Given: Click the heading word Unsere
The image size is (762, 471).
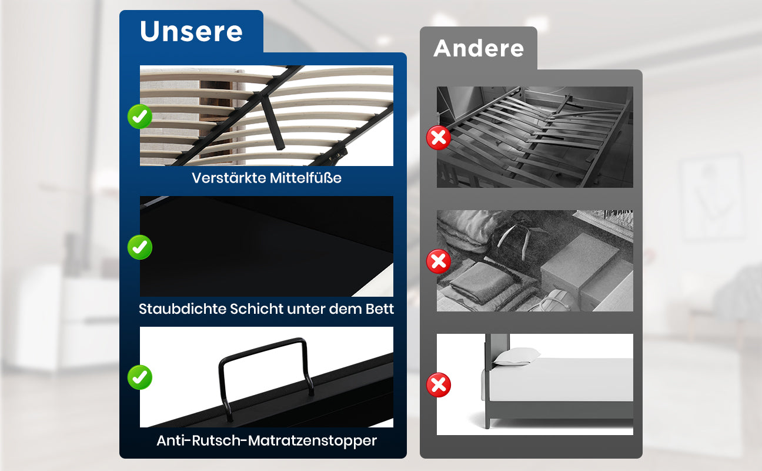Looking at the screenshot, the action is (191, 31).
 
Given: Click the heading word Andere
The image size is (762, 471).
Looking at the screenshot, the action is (479, 48).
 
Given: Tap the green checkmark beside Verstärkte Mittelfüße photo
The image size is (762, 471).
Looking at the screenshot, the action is (140, 117).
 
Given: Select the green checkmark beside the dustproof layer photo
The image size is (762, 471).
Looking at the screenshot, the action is (140, 247).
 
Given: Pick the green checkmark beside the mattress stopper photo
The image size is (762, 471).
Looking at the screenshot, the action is (140, 377).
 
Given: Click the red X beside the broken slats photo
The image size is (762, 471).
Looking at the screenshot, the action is (439, 138).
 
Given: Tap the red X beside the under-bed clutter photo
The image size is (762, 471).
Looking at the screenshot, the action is (439, 261).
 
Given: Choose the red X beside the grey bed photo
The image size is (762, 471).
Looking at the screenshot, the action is (439, 385).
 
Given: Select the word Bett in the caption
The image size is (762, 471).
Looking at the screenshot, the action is (380, 309).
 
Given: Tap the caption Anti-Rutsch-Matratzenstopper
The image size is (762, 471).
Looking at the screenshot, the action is (267, 441).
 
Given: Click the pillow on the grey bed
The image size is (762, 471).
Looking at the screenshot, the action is (516, 356).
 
